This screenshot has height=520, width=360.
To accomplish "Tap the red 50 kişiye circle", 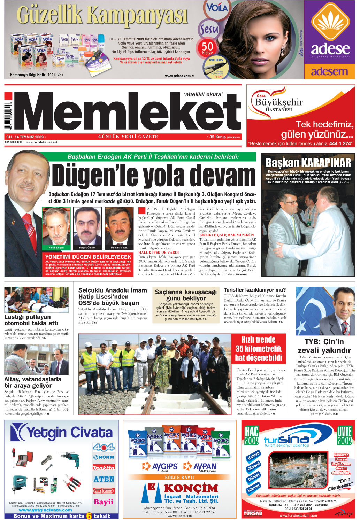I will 207,48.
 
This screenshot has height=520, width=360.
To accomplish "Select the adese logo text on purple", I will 330,49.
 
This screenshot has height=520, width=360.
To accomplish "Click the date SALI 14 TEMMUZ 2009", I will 25,137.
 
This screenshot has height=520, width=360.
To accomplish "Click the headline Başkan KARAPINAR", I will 308,163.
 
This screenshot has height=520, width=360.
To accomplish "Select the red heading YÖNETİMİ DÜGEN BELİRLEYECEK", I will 88,257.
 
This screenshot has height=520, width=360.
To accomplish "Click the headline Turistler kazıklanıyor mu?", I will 254,290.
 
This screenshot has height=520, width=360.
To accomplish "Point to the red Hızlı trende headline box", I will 259,349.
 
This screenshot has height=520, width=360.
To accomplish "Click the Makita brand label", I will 104,468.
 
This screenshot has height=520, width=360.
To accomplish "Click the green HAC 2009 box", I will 252,435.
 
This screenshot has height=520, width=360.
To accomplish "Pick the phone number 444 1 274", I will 340,144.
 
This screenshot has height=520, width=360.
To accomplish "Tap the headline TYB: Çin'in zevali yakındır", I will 324,346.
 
